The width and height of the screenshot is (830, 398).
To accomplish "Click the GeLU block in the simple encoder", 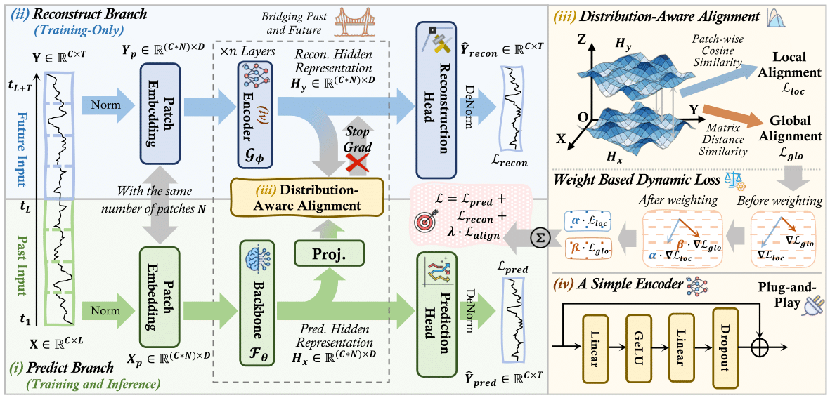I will pos(635,347).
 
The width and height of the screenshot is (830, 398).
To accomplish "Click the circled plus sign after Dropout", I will pos(761,347).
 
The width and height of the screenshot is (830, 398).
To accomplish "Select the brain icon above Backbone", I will pos(251,256).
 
